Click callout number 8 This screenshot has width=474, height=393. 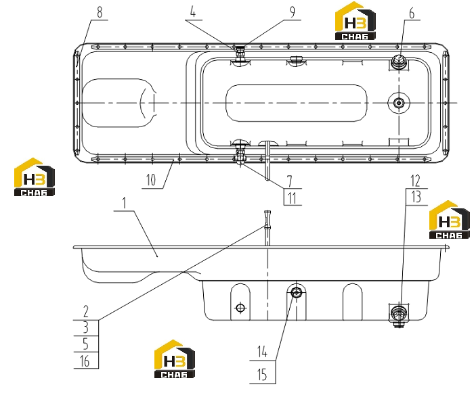(100, 12)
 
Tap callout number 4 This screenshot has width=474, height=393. (193, 12)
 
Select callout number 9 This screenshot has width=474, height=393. (292, 12)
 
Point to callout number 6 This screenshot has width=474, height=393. (412, 14)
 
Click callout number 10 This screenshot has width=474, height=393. (151, 180)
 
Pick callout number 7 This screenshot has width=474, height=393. (290, 181)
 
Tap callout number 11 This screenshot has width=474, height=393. (292, 198)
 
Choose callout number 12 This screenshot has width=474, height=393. (415, 181)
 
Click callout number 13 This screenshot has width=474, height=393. (416, 197)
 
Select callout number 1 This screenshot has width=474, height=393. (124, 203)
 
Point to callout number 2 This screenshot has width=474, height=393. (86, 311)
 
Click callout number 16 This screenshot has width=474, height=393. (85, 361)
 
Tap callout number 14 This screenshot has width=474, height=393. (262, 352)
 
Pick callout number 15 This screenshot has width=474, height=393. (262, 375)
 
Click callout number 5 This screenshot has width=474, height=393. (86, 344)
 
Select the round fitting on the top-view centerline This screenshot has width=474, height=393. (399, 103)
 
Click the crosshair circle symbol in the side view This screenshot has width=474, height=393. (240, 308)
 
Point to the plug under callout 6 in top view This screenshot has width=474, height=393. (398, 62)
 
